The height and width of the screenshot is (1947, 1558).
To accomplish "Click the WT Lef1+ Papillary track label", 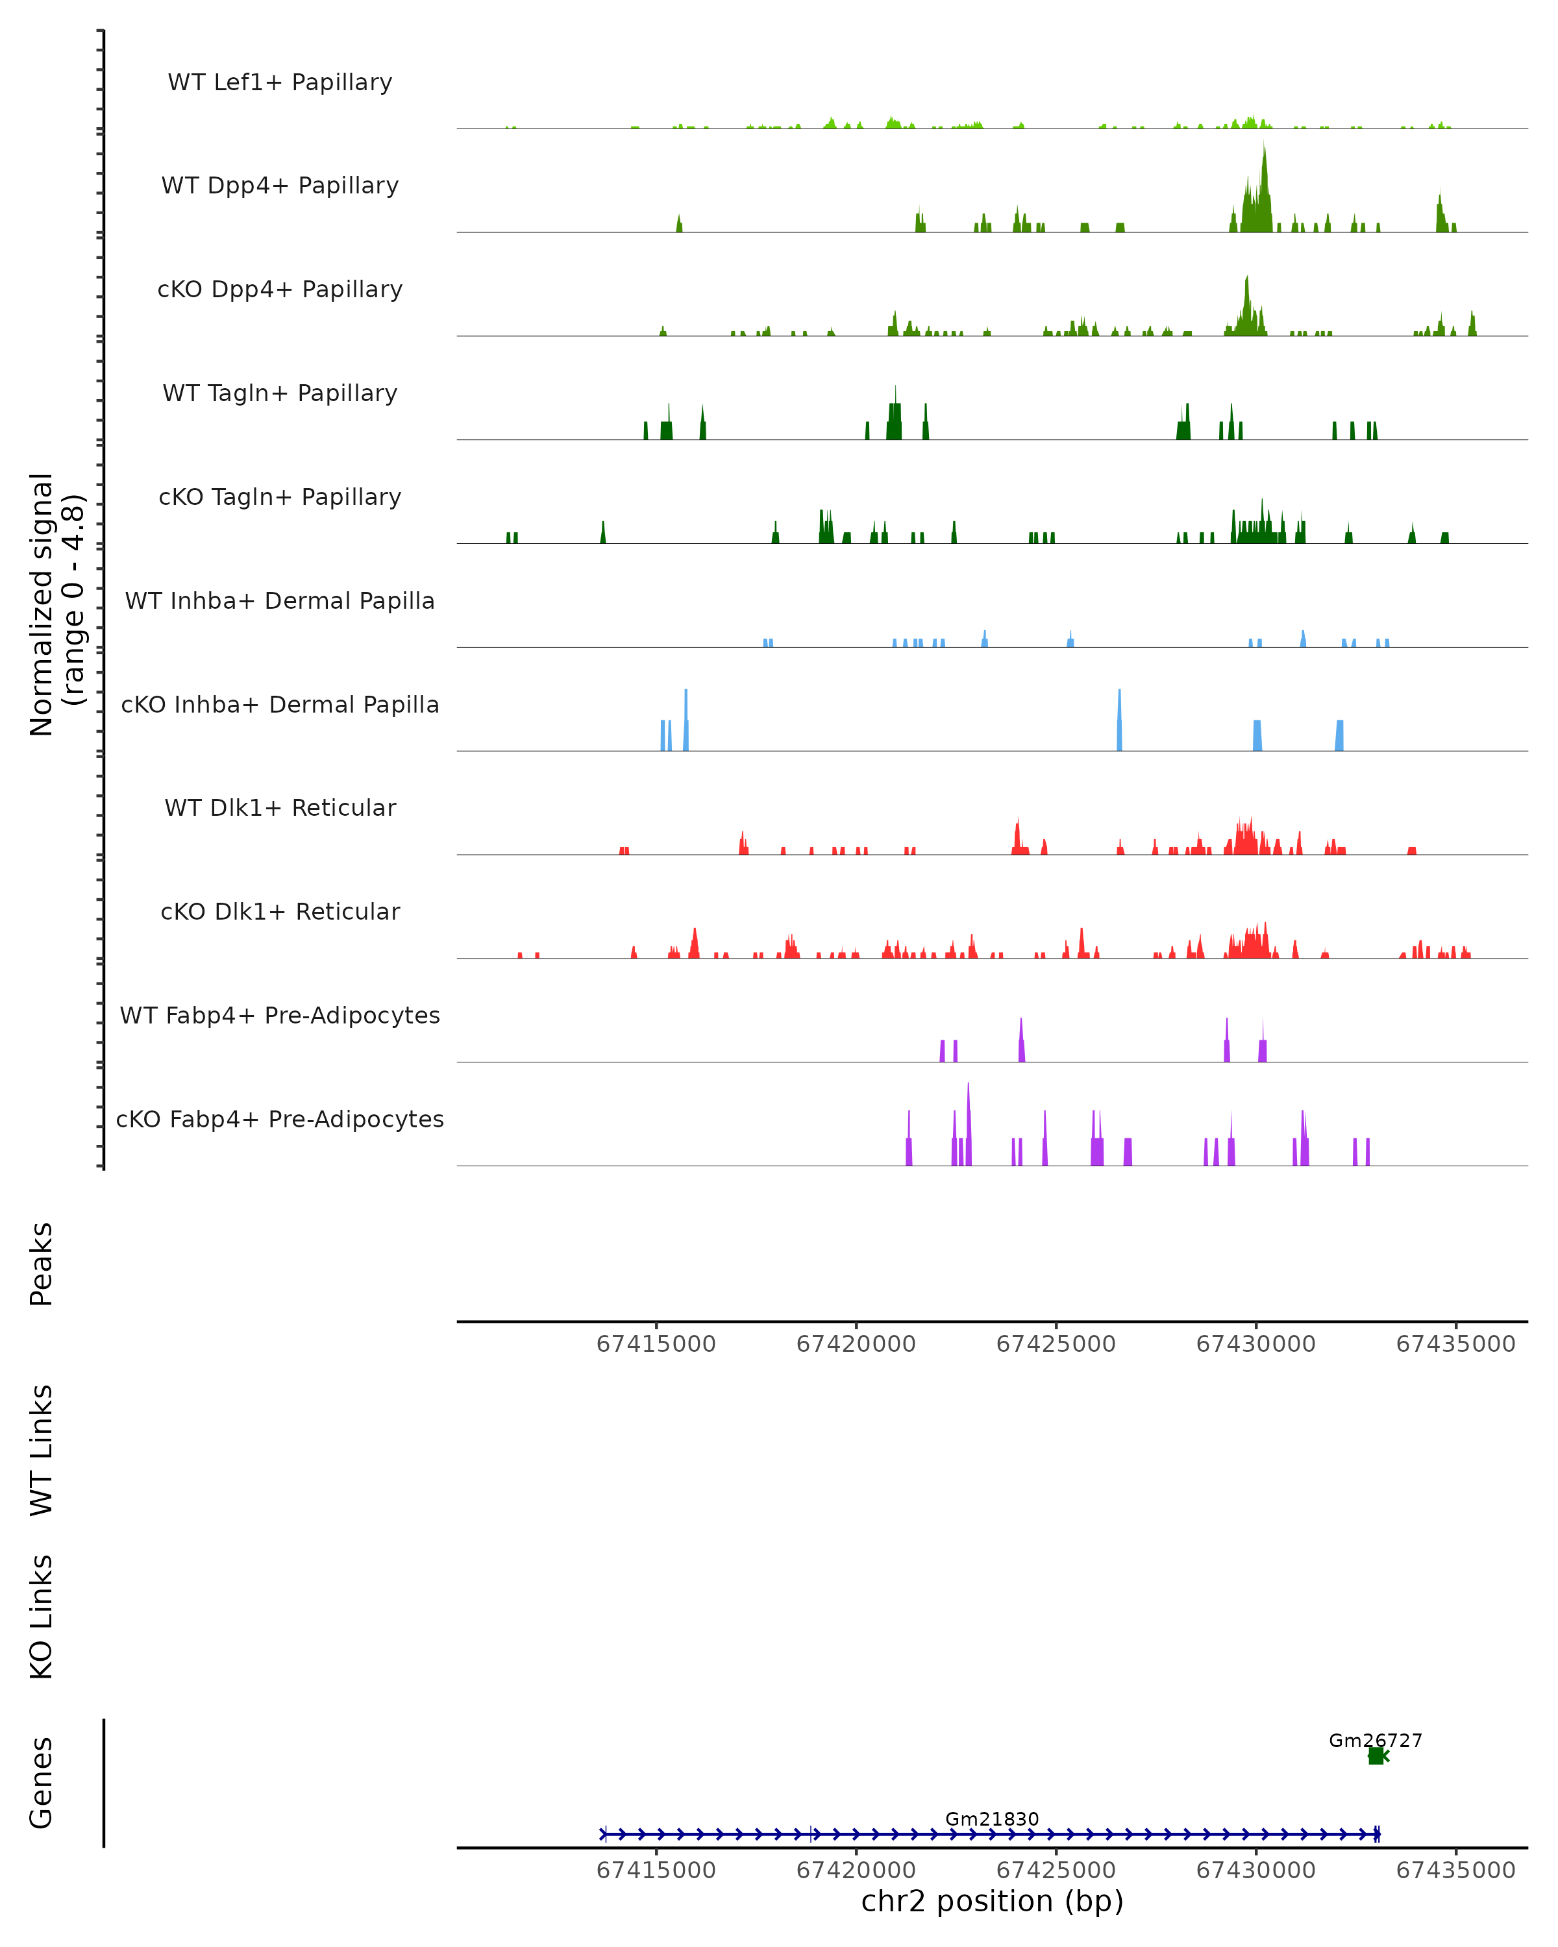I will pos(280,82).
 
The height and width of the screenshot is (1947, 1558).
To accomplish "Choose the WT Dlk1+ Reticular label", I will pos(280,807).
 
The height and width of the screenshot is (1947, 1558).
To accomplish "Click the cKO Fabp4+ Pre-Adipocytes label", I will pos(280,1119).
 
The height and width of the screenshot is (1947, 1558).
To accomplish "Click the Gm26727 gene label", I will pos(1375,1740).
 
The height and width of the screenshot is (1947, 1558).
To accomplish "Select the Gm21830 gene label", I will pos(992,1818).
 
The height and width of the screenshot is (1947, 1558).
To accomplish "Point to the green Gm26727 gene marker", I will pos(1376,1756).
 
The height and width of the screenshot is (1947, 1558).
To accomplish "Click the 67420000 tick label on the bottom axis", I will pos(856,1870).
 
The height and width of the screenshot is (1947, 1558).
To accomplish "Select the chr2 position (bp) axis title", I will pos(992,1902).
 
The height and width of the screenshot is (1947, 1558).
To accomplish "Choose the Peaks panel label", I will pos(42,1264).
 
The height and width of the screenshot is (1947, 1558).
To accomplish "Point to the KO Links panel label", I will pos(42,1617).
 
